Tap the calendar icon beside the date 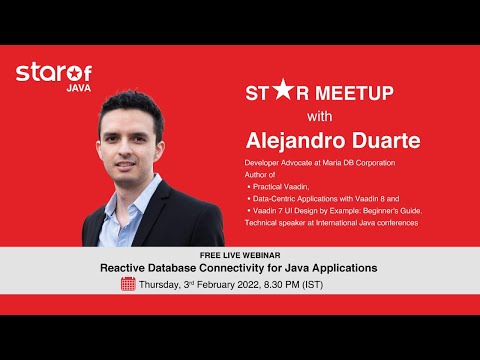click(x=127, y=285)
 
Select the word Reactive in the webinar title click(x=127, y=269)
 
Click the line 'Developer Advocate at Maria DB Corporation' click(x=323, y=162)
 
